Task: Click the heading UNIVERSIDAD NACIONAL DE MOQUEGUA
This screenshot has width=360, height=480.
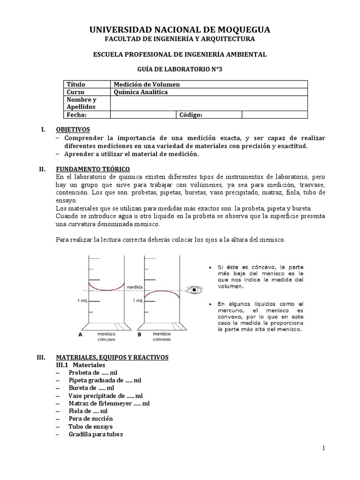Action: pos(180,30)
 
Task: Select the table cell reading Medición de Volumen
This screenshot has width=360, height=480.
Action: pos(147,84)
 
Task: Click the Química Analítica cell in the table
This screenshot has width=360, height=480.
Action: pos(141,92)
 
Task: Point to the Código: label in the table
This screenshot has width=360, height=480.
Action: pos(191,115)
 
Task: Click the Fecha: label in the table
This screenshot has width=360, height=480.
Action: pos(77,115)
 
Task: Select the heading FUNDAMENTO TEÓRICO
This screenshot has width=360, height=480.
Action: pos(93,169)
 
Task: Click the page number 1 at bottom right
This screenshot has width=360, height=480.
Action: pos(323,449)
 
